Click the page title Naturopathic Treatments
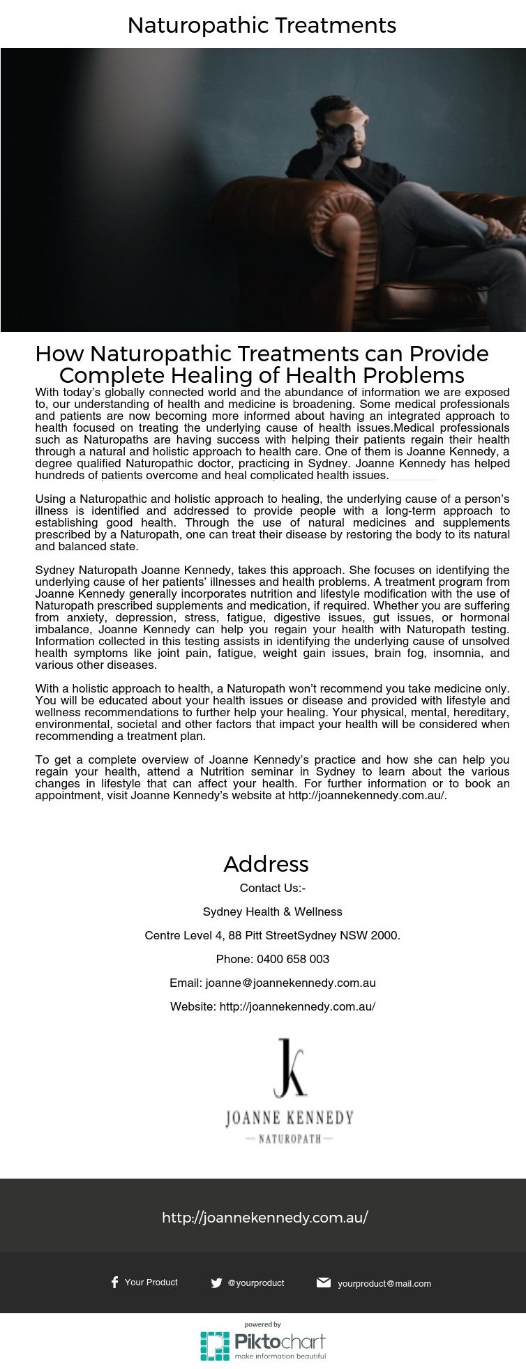262,26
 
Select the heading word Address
266,864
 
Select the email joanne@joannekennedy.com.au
290,983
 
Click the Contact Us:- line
272,888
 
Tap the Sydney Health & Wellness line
272,912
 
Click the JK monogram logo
290,1068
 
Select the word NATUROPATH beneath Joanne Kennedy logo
290,1139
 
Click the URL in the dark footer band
264,1218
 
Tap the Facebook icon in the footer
114,1282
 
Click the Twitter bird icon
216,1283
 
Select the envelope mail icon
323,1283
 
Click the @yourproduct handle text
256,1283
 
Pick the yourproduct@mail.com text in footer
384,1283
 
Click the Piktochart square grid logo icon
215,1345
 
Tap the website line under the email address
272,1006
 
